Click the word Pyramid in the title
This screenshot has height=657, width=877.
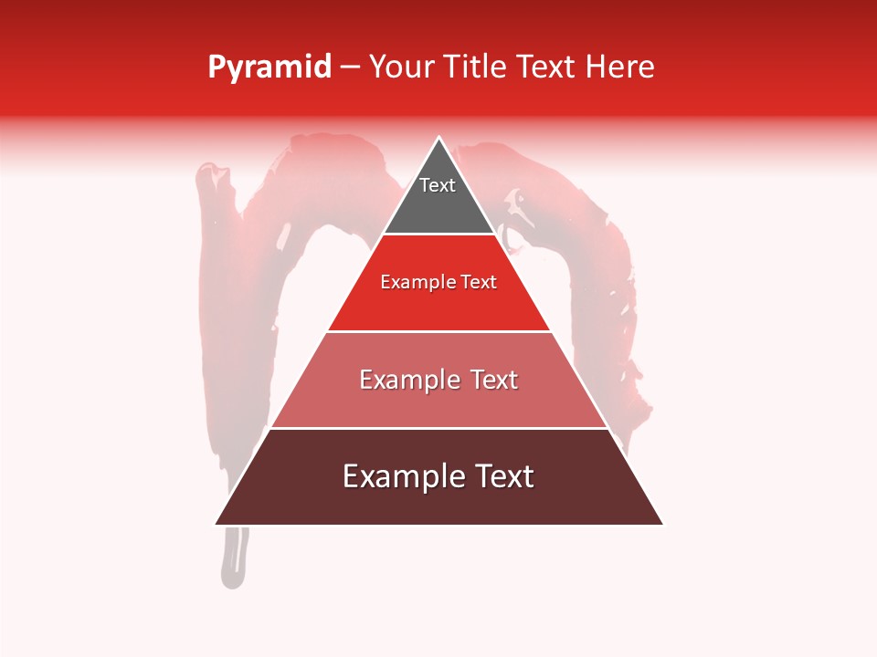(x=269, y=68)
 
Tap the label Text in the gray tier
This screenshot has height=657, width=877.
(x=438, y=185)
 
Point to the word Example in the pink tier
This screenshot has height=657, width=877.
(x=409, y=380)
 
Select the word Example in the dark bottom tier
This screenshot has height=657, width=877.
(x=398, y=476)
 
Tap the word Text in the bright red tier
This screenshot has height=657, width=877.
(x=480, y=283)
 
